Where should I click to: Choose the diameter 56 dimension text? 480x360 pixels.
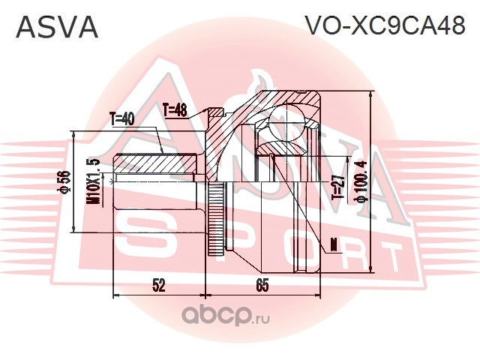pyautogui.click(x=66, y=183)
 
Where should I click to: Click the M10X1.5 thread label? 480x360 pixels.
pyautogui.click(x=94, y=181)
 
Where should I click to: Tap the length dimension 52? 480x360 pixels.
pyautogui.click(x=159, y=285)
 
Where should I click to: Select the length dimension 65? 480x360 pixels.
pyautogui.click(x=262, y=285)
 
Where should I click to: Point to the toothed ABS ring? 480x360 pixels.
pyautogui.click(x=217, y=218)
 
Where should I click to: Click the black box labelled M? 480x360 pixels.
pyautogui.click(x=333, y=244)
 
